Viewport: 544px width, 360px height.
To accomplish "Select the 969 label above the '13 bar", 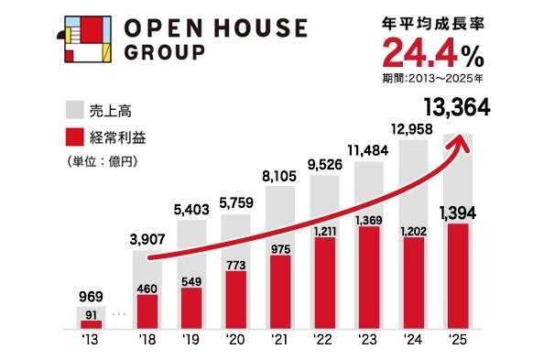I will coord(91,296).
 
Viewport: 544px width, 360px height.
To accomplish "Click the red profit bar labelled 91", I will coord(91,322).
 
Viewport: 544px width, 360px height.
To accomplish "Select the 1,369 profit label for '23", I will coord(370,219).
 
